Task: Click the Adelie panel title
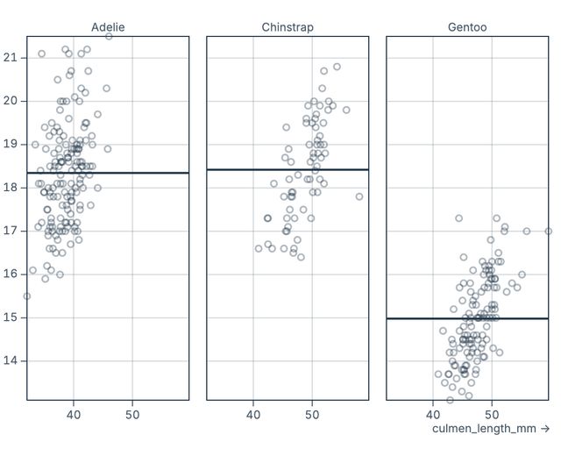[x=108, y=27]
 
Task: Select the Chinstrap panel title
[x=288, y=27]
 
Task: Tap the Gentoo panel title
[x=467, y=27]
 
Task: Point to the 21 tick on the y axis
[x=11, y=58]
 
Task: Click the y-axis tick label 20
[x=11, y=101]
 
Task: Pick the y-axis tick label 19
[x=11, y=144]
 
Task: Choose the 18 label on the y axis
[x=11, y=187]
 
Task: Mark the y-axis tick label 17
[x=11, y=231]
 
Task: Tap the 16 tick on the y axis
[x=11, y=274]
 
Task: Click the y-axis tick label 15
[x=11, y=317]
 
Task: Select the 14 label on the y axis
[x=11, y=360]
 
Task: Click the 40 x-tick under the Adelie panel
[x=74, y=414]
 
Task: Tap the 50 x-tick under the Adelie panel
[x=132, y=414]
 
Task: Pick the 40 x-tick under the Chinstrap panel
[x=253, y=414]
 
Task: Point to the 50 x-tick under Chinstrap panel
[x=313, y=414]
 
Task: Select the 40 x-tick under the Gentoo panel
[x=433, y=414]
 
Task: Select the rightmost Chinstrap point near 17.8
[x=359, y=196]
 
